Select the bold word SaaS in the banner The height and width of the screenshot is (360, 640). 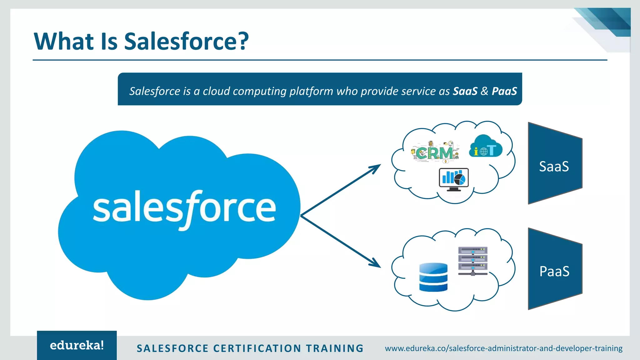click(465, 91)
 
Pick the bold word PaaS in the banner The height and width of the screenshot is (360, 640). click(504, 91)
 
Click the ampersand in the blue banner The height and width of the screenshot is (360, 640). click(484, 91)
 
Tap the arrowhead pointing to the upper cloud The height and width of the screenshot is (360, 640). click(376, 168)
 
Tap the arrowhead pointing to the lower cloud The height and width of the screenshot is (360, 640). click(376, 263)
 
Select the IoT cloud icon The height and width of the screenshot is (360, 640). click(485, 146)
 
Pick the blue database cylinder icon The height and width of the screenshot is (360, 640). click(433, 277)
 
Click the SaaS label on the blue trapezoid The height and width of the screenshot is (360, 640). click(554, 167)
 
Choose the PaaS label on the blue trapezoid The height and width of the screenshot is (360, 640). click(554, 271)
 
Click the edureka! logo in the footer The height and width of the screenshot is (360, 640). click(77, 345)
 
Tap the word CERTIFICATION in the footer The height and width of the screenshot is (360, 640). click(257, 348)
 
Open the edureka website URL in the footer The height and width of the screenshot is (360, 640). click(503, 348)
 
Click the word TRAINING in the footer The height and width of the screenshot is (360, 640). click(335, 348)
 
